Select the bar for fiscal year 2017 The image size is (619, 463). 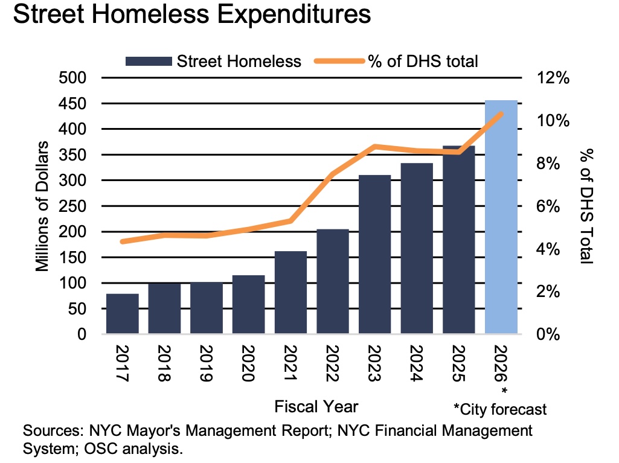point(122,314)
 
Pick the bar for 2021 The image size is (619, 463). point(290,293)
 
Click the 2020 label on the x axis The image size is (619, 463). point(248,363)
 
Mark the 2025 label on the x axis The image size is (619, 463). point(458,363)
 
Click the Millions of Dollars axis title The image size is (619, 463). point(42,206)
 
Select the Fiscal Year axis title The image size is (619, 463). point(316,406)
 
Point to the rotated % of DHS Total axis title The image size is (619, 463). point(584,206)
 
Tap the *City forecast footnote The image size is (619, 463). point(500,409)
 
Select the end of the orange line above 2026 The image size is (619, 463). point(501,113)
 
